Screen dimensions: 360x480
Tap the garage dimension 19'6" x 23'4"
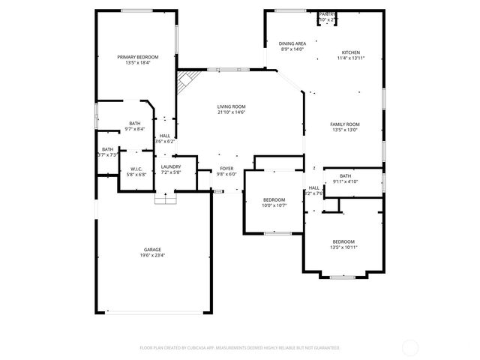(153, 255)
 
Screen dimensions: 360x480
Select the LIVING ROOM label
(231, 106)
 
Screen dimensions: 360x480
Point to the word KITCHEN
(351, 52)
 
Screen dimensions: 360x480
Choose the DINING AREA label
(292, 44)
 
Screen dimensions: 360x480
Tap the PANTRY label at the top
(327, 14)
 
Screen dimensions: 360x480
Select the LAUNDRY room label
(171, 166)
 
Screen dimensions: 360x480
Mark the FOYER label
(226, 168)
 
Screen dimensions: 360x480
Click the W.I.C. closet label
(136, 169)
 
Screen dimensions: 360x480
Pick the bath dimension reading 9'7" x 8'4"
(134, 129)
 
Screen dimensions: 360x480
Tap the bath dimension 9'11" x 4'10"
(345, 181)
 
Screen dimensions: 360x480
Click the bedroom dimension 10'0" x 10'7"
(274, 205)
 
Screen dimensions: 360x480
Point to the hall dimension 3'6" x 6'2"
(164, 141)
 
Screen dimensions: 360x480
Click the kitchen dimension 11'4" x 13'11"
(351, 58)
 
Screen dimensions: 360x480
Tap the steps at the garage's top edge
(165, 198)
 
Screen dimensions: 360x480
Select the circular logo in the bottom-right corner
(411, 347)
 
